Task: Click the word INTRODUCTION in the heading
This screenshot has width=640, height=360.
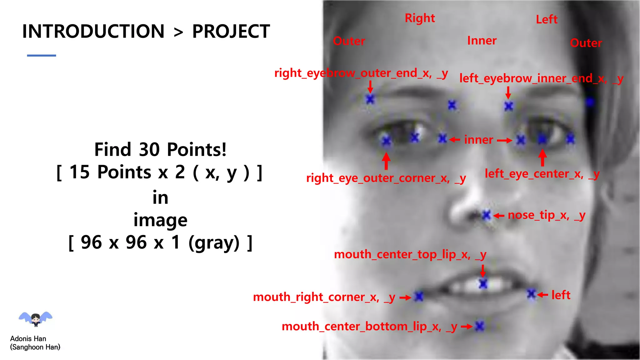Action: pyautogui.click(x=93, y=31)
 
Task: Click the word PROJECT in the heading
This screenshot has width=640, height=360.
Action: pyautogui.click(x=231, y=31)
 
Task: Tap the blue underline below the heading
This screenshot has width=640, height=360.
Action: pyautogui.click(x=42, y=56)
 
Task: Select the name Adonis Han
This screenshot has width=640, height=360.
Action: pyautogui.click(x=28, y=339)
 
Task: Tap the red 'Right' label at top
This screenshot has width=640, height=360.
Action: pyautogui.click(x=420, y=18)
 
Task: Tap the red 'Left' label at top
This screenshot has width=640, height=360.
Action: pyautogui.click(x=547, y=19)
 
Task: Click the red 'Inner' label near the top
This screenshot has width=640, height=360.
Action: pyautogui.click(x=482, y=41)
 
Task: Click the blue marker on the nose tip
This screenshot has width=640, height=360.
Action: pyautogui.click(x=486, y=215)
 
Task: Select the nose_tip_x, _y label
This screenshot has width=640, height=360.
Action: pyautogui.click(x=546, y=215)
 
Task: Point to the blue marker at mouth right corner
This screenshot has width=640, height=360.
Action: pyautogui.click(x=419, y=296)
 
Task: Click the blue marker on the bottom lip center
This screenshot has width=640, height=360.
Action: pyautogui.click(x=479, y=326)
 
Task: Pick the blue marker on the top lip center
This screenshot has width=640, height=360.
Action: pyautogui.click(x=483, y=284)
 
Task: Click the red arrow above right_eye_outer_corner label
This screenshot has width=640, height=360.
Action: pyautogui.click(x=386, y=161)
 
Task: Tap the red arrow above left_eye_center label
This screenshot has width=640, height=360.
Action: pyautogui.click(x=542, y=157)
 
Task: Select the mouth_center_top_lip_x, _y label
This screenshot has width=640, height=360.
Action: pyautogui.click(x=410, y=255)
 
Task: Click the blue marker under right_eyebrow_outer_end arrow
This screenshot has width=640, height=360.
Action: pyautogui.click(x=370, y=99)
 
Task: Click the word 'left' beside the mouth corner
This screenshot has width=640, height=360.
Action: pyautogui.click(x=561, y=295)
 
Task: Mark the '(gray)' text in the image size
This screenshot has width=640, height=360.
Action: pyautogui.click(x=214, y=242)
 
